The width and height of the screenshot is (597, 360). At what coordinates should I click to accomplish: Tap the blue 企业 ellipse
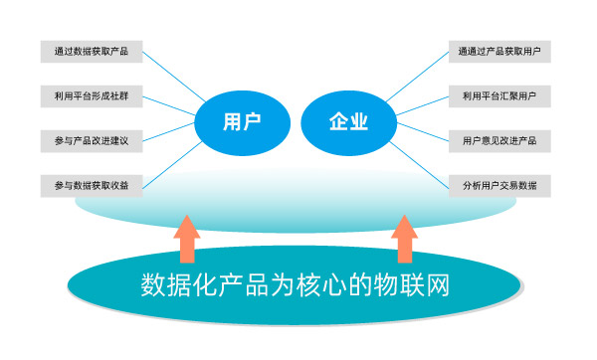[x=349, y=122]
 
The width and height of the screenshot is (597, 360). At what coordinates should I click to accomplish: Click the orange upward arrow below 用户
[x=187, y=239]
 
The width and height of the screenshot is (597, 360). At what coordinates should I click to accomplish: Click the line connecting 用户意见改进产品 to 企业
[x=422, y=134]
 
